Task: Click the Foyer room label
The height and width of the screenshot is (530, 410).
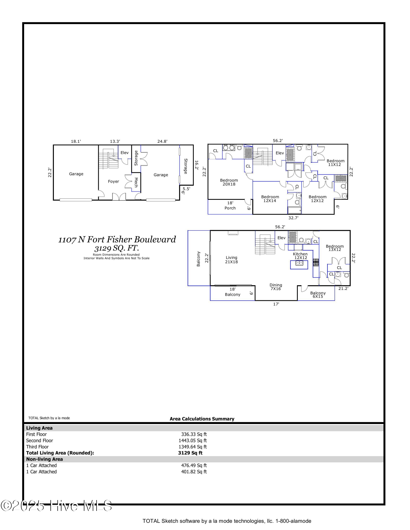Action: pos(113,182)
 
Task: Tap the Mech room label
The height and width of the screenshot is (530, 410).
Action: pos(136,182)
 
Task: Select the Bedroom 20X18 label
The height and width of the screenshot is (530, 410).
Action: pos(229,182)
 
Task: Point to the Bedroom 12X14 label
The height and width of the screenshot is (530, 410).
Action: pos(270,199)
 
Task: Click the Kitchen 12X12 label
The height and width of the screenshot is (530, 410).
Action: pos(300,256)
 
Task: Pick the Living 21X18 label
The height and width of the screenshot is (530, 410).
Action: pos(231,260)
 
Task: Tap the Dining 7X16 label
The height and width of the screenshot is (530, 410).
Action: pos(276,287)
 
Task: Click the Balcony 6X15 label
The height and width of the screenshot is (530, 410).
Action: pos(318,295)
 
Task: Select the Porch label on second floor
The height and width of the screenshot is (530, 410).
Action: pos(230,208)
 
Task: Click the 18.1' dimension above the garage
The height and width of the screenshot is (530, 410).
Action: pos(76,142)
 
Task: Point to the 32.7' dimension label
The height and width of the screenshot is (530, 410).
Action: pos(294,218)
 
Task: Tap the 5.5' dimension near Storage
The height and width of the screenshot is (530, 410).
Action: pos(186,189)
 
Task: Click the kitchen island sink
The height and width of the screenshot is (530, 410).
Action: pos(299,263)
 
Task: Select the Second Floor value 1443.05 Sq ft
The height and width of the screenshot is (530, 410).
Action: pos(193,440)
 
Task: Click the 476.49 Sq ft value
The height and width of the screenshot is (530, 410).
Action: pos(194,465)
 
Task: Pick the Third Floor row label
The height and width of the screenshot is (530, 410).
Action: pos(37,447)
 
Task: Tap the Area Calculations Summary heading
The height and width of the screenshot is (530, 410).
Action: pos(202,419)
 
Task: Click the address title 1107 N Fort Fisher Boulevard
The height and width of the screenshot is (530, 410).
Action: pos(117,240)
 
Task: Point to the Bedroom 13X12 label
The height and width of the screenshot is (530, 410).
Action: pos(335,248)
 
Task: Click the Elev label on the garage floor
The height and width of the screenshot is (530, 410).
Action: pos(124,153)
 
